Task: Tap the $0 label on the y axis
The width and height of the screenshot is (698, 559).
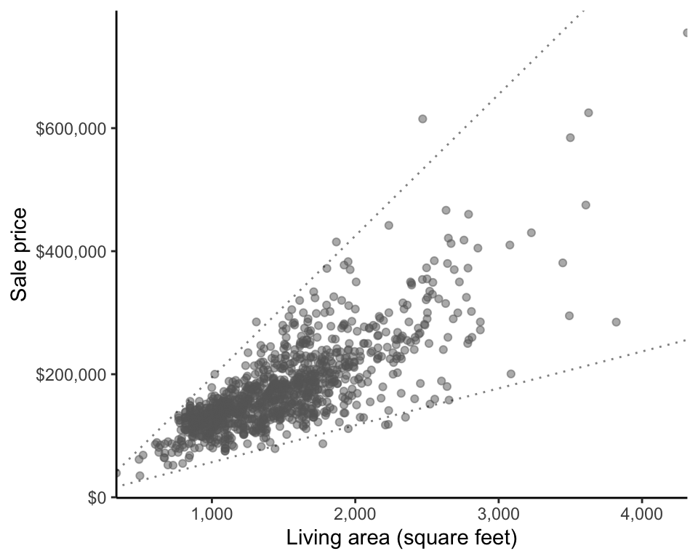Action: [x=97, y=497]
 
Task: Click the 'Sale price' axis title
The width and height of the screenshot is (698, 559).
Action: [x=20, y=254]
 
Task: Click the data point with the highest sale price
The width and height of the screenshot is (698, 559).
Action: [x=686, y=33]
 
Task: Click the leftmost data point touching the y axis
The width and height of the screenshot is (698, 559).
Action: [x=116, y=473]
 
